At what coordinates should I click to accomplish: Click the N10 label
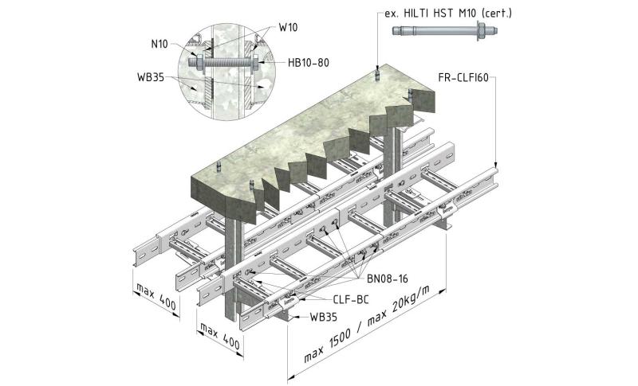coord(158,45)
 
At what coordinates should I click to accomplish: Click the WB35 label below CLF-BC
coord(323,317)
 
